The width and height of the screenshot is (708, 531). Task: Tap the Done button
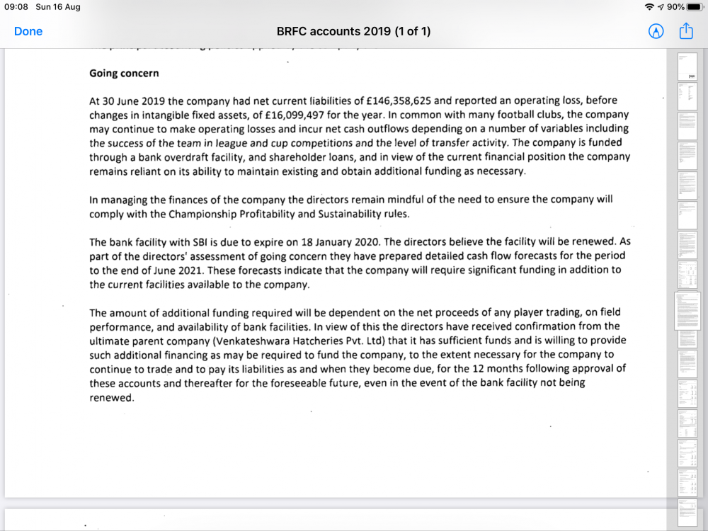pos(28,31)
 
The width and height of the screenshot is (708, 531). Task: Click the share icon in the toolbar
pos(685,31)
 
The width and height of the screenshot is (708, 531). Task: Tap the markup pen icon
pos(656,31)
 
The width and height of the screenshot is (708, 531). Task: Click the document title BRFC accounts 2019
pos(353,31)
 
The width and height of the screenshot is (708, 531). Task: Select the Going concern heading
pos(124,73)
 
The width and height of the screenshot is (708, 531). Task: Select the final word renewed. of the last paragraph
pos(112,397)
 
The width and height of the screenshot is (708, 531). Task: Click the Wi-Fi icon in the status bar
pos(649,7)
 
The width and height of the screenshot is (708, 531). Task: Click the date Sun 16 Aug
pos(58,7)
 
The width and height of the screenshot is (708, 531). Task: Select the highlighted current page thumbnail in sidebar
pos(687,310)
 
